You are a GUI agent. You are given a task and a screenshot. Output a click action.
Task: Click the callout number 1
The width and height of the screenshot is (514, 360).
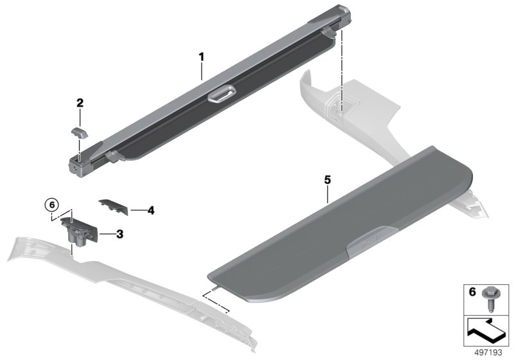201,57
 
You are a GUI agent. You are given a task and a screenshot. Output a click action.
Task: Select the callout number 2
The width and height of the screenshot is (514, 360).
80,102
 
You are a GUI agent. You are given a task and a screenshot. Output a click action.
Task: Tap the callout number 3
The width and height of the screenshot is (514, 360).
120,234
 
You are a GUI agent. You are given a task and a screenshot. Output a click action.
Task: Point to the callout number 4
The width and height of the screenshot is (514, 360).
150,210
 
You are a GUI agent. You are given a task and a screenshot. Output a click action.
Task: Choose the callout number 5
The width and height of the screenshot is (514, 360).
327,181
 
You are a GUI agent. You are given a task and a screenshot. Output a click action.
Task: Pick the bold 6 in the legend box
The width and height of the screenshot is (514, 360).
472,292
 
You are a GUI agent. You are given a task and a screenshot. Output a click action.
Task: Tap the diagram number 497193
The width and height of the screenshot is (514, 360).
490,353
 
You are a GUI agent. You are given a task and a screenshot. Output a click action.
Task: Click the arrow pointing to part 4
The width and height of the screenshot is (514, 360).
137,210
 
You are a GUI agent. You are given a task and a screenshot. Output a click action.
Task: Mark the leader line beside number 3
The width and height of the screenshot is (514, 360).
107,234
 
